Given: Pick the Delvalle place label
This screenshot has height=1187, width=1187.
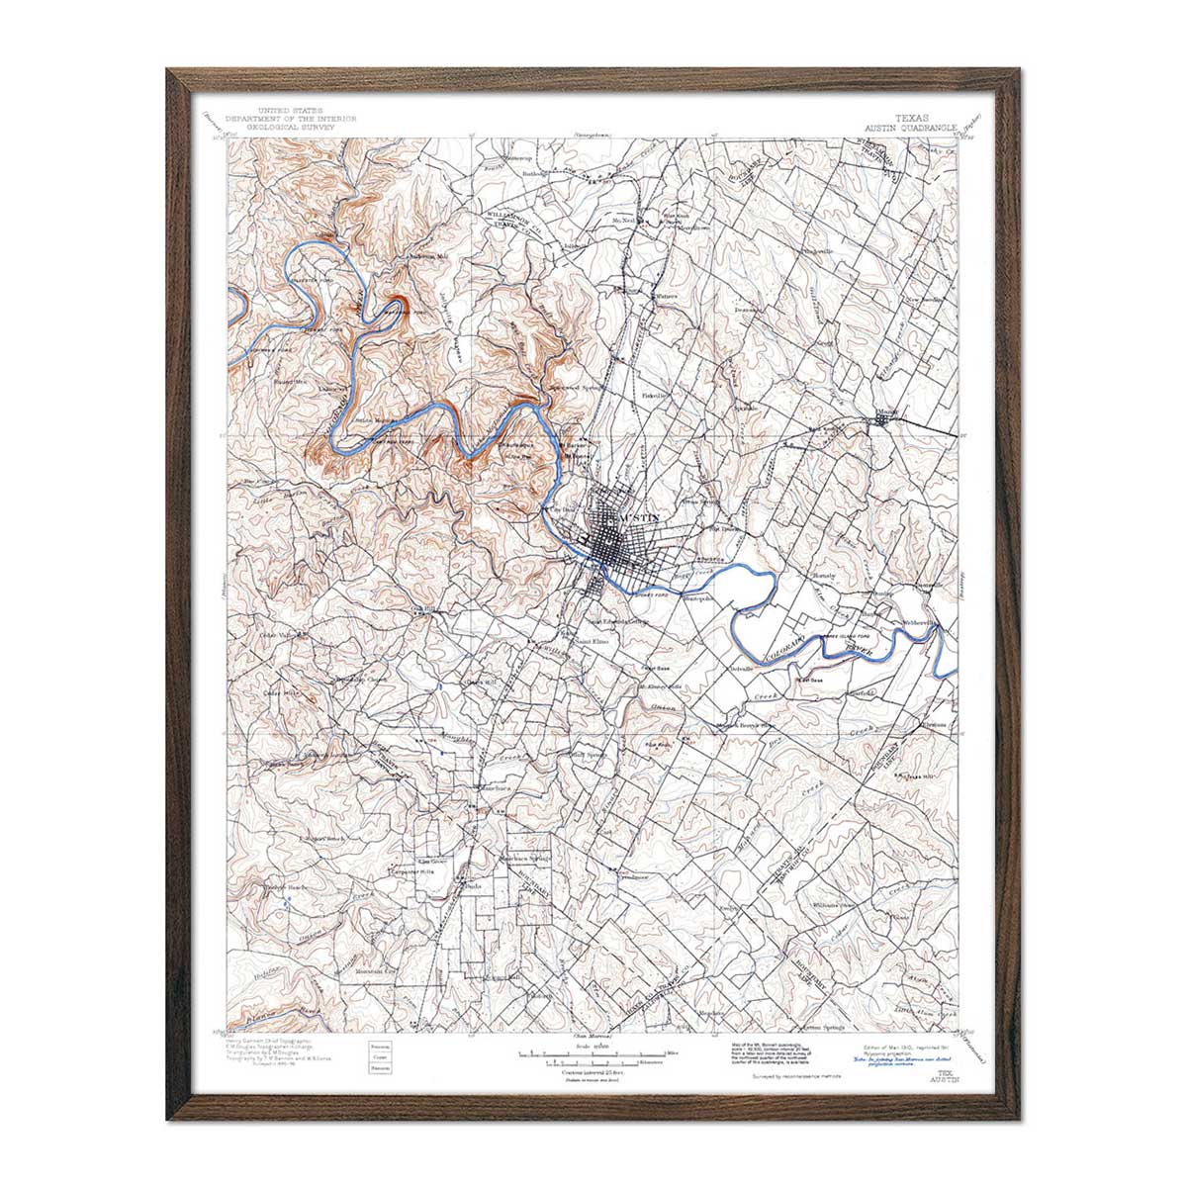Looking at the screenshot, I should (741, 670).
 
